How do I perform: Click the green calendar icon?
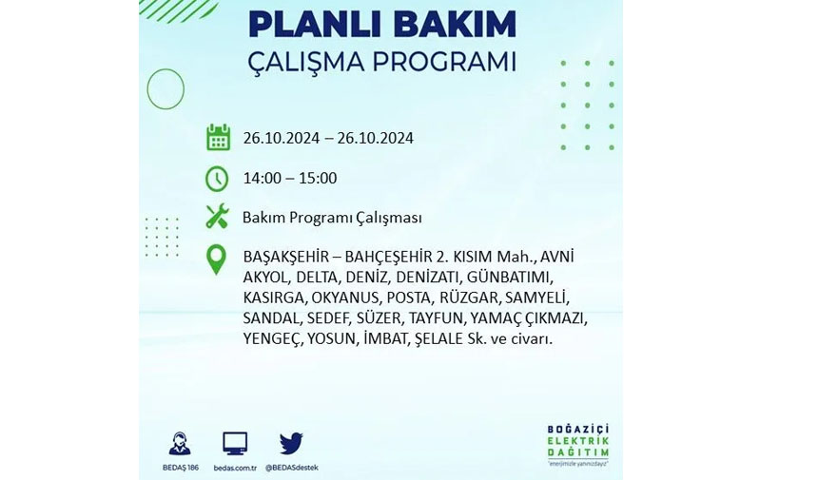[x=218, y=138]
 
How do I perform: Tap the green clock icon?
[x=217, y=179]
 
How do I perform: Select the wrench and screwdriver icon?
[x=217, y=216]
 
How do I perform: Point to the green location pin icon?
[x=216, y=259]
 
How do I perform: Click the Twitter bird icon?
[x=291, y=444]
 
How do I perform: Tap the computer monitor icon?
[x=235, y=444]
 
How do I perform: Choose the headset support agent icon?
[x=180, y=444]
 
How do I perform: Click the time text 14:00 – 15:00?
[x=290, y=179]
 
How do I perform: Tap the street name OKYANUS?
[x=345, y=298]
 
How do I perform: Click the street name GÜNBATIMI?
[x=509, y=278]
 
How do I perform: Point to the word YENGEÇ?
[x=272, y=339]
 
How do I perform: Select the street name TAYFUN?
[x=436, y=318]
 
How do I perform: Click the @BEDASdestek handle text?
[x=292, y=468]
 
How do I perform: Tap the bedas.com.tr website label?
[x=235, y=468]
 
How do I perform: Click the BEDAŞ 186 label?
[x=181, y=468]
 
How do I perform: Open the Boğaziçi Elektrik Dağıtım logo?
[x=578, y=445]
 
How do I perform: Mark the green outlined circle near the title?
[x=166, y=69]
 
